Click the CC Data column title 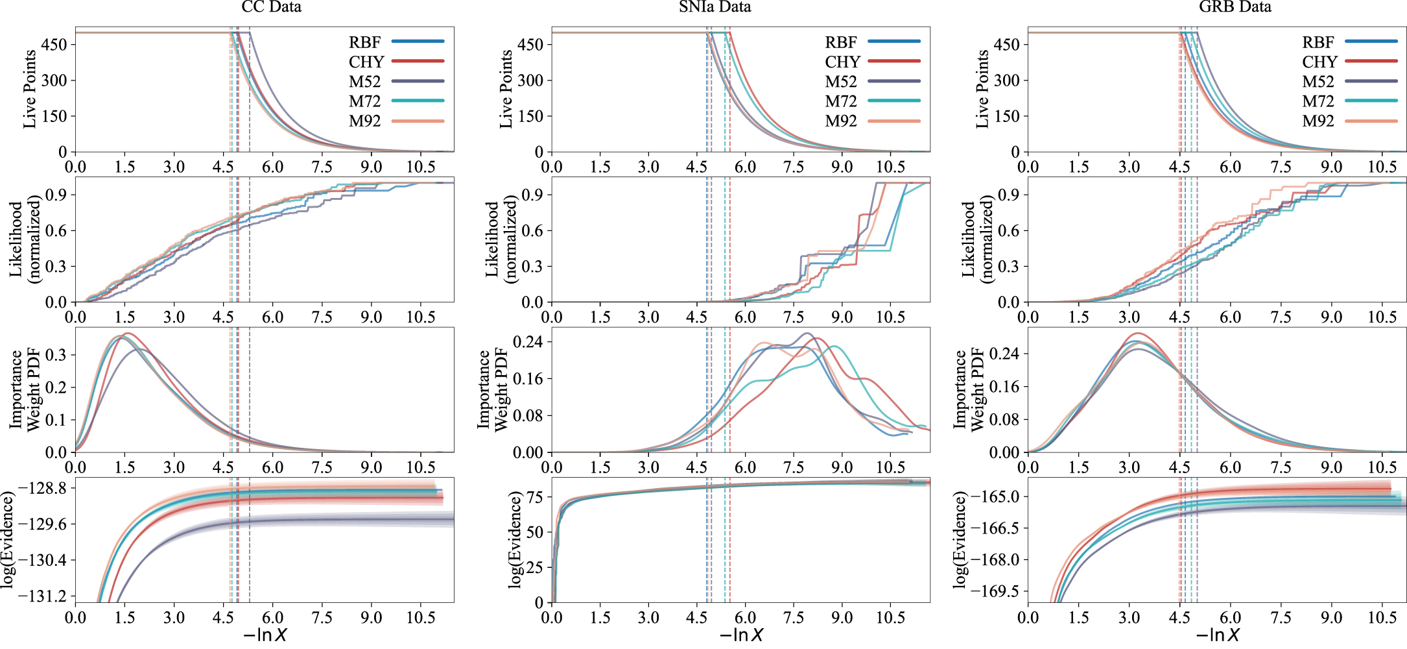tap(271, 7)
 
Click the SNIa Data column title tap(715, 7)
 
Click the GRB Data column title tap(1235, 7)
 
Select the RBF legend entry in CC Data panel tap(365, 42)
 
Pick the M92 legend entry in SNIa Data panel tap(841, 121)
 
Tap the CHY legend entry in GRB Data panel tap(1319, 62)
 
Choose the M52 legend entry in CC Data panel tap(365, 82)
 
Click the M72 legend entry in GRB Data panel tap(1318, 102)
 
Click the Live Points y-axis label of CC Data tap(30, 90)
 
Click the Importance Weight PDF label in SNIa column tap(492, 389)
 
